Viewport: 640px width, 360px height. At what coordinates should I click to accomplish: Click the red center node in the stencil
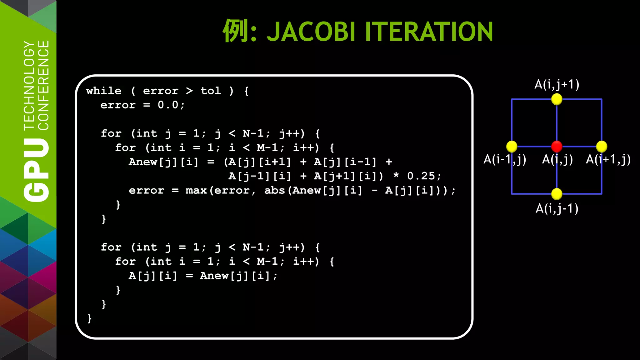[x=557, y=146]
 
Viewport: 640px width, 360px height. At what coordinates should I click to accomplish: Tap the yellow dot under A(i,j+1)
[x=557, y=99]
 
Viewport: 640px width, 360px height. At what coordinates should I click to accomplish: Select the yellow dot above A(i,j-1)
[x=557, y=194]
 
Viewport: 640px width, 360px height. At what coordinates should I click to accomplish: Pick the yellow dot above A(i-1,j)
[x=512, y=146]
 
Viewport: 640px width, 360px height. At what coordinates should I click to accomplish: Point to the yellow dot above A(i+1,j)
[x=602, y=146]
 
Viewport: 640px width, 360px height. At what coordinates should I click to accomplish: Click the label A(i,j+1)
[x=557, y=84]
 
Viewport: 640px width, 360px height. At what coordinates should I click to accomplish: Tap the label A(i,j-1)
[x=557, y=208]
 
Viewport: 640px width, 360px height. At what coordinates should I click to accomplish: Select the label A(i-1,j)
[x=504, y=159]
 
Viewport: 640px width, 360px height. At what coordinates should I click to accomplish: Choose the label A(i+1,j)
[x=608, y=159]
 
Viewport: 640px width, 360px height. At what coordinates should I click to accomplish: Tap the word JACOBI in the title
[x=311, y=32]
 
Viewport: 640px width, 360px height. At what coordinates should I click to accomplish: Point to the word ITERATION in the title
[x=429, y=32]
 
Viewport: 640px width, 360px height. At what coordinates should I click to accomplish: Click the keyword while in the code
[x=104, y=91]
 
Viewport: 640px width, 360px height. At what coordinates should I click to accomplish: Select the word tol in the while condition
[x=211, y=91]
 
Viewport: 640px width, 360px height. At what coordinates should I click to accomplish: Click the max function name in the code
[x=196, y=190]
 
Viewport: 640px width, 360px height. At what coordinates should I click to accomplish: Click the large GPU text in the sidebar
[x=36, y=170]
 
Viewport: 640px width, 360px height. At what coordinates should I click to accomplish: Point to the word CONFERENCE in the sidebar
[x=43, y=85]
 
